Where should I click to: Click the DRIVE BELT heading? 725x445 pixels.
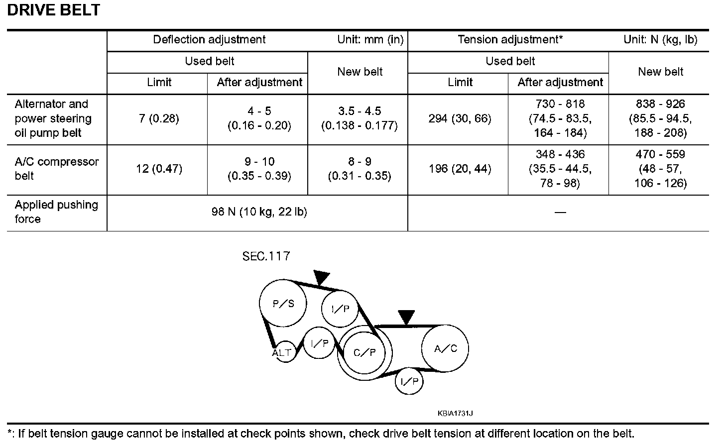(54, 10)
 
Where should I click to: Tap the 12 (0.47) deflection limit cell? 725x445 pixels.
(159, 169)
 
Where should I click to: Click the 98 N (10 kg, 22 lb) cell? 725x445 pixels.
(259, 212)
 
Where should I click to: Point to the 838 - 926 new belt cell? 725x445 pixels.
(660, 118)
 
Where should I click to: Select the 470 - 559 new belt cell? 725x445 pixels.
(660, 169)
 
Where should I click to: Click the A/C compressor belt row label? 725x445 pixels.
(56, 169)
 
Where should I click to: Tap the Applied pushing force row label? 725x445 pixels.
(56, 212)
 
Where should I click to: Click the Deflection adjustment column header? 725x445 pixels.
(209, 40)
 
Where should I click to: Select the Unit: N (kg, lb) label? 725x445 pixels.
(660, 40)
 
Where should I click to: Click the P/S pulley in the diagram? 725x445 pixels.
(283, 303)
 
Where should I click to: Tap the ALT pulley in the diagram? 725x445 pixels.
(283, 353)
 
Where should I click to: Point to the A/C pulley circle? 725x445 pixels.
(445, 348)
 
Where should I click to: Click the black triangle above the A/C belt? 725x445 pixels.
(406, 317)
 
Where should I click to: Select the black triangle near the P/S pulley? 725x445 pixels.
(322, 277)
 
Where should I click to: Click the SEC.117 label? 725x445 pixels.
(266, 256)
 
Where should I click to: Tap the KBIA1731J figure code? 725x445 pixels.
(455, 413)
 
